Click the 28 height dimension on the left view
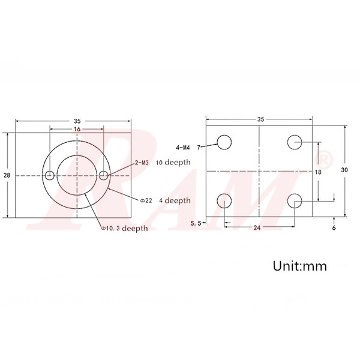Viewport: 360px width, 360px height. [x=7, y=175]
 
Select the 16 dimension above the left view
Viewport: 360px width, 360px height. [x=77, y=129]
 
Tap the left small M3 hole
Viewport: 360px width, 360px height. [x=50, y=175]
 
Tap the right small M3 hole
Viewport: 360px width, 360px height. [x=104, y=175]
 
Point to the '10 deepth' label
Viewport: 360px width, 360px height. [x=173, y=162]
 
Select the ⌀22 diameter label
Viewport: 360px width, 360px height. [x=146, y=200]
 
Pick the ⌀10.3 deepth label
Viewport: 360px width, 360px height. [x=125, y=228]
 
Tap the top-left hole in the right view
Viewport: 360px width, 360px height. [x=224, y=142]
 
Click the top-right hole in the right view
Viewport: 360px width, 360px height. [x=295, y=142]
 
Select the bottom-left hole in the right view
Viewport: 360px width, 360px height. [x=224, y=200]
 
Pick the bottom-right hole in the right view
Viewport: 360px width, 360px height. [x=295, y=200]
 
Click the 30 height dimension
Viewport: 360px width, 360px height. [x=344, y=170]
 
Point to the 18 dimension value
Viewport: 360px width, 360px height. [x=317, y=172]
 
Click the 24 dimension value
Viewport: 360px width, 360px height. [x=256, y=228]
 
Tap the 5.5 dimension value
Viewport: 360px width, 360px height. [x=194, y=224]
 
